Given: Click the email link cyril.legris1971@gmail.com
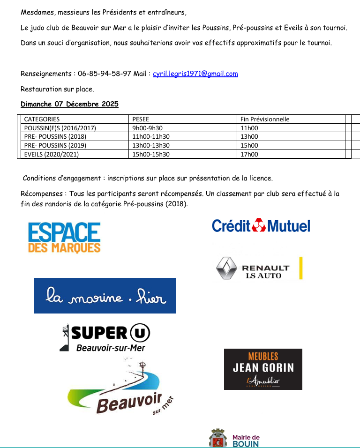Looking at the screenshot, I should pos(195,74).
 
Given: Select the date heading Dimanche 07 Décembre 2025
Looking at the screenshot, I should pos(69,104).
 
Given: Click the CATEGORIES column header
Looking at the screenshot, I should pos(42,119).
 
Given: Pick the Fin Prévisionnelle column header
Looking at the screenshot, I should pos(265,119).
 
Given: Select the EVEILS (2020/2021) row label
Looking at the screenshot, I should pos(52,154).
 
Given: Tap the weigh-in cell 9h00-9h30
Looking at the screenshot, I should pos(148,128).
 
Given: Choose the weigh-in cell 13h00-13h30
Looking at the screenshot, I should pos(151,145).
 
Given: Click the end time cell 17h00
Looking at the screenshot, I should pos(249,154).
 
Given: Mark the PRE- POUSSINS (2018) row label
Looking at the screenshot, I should pos(55,137).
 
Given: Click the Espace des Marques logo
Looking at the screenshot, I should pos(64,238).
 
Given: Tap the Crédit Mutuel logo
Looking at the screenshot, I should pos(261,226).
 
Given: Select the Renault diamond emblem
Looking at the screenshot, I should pos(226,269).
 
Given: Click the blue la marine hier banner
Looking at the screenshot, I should pos(105,296).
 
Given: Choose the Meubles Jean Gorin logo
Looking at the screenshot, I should pos(263,369).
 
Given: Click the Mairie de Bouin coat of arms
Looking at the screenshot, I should pos(217,439).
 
